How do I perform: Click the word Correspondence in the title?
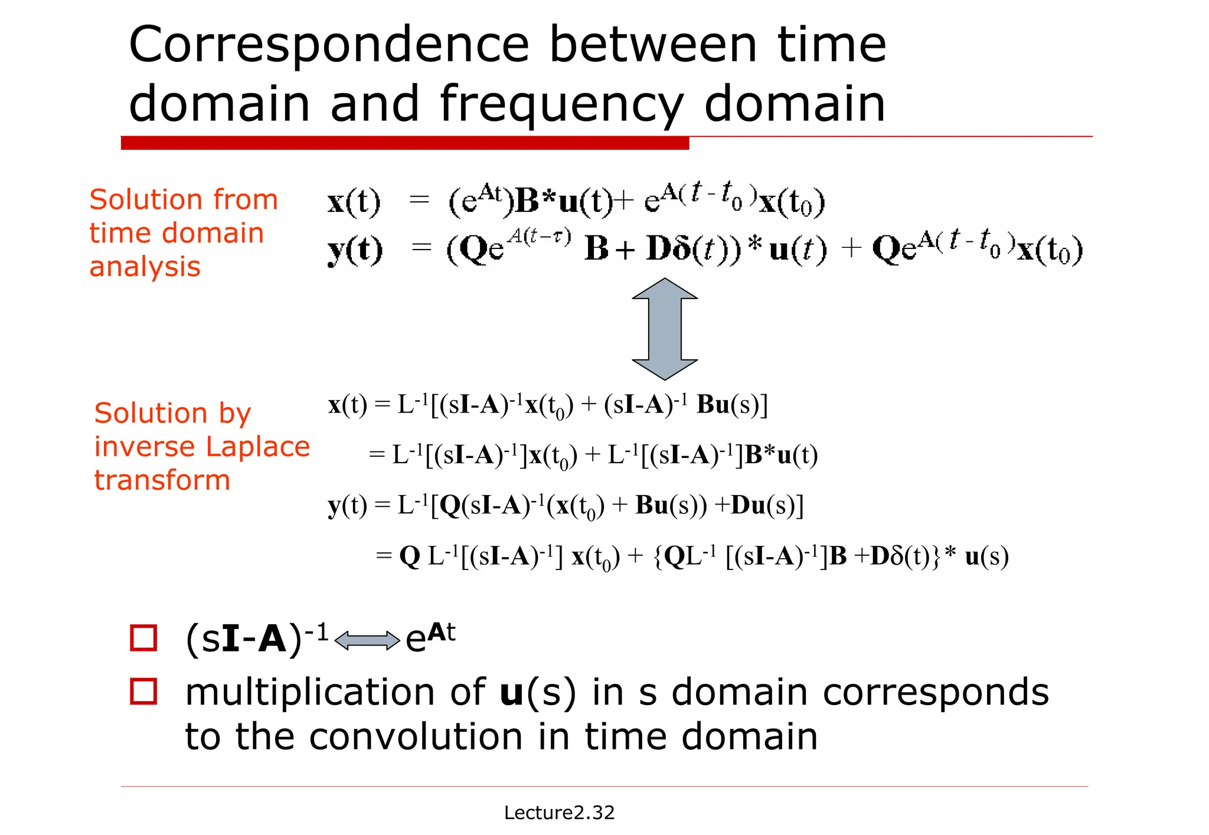pos(328,46)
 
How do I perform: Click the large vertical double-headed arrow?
pos(665,329)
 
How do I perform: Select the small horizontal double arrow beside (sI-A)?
pos(367,640)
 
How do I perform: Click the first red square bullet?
pos(143,638)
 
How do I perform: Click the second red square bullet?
pos(143,692)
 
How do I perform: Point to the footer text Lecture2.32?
pos(559,813)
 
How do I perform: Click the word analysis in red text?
pos(145,267)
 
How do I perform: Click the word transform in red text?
pos(162,480)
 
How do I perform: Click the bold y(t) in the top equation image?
pos(355,250)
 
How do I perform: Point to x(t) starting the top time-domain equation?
pos(354,202)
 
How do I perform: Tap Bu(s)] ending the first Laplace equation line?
pos(731,405)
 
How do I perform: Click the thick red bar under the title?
pos(404,143)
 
